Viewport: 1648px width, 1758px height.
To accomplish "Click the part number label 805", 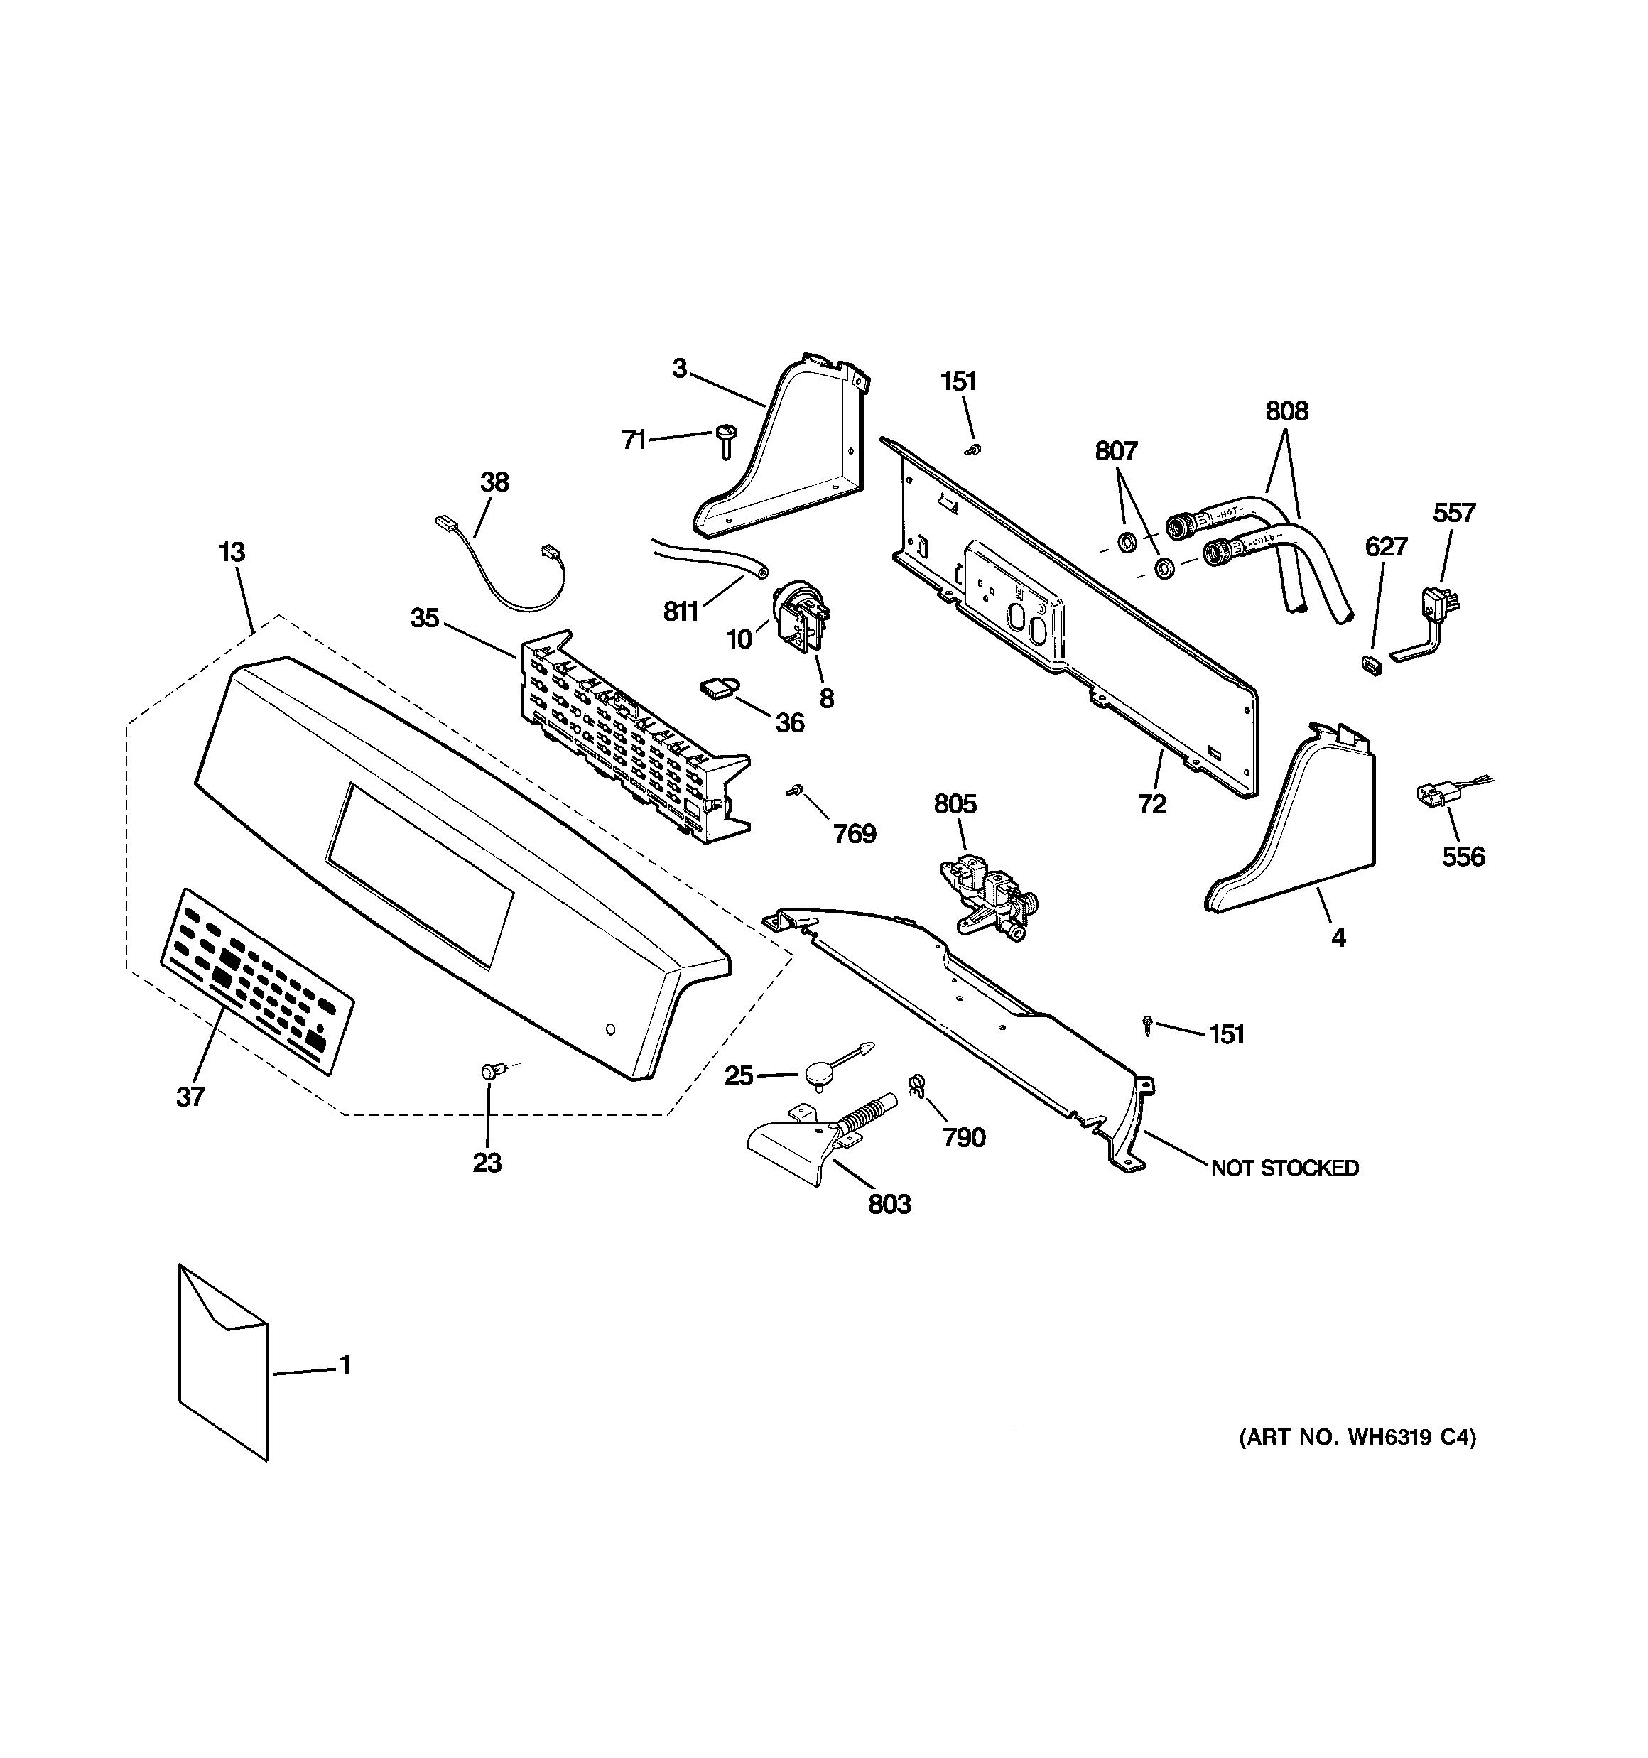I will (x=955, y=804).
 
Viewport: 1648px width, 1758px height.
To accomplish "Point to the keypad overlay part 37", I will (x=256, y=982).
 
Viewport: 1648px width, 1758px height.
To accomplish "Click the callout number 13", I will (x=231, y=553).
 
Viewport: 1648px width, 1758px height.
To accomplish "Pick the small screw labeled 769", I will (x=794, y=788).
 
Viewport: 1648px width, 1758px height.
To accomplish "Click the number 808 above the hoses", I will (x=1286, y=411).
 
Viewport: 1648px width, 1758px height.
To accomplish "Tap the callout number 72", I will (x=1151, y=804).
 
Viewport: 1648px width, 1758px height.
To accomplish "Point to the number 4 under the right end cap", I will (x=1338, y=938).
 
